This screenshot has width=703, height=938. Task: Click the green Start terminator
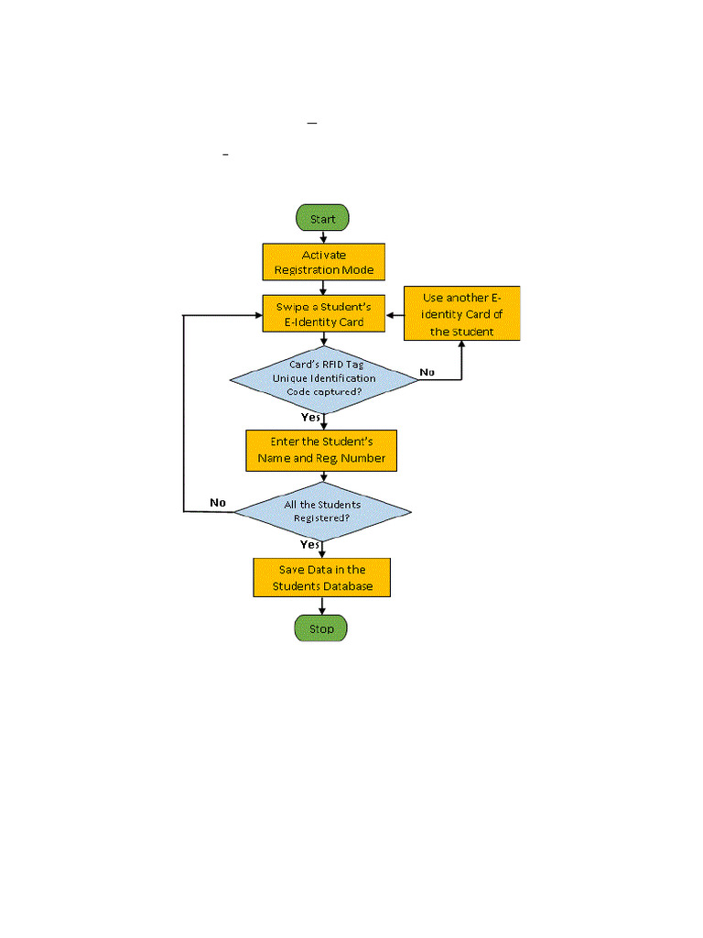point(321,218)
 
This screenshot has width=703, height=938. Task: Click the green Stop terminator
point(321,628)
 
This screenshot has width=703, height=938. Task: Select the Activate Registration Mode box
point(323,262)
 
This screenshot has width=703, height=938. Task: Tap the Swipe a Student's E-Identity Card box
point(322,314)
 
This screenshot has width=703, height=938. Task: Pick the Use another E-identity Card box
point(461,314)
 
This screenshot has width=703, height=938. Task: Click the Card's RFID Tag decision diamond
point(322,377)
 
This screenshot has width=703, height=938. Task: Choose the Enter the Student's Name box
point(321,451)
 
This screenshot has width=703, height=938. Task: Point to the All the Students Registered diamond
point(321,511)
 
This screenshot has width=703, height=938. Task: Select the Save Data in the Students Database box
point(321,577)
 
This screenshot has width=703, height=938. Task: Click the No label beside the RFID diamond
point(427,371)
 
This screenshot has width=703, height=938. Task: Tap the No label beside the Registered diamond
point(218,502)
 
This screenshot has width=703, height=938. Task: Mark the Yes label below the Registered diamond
point(310,544)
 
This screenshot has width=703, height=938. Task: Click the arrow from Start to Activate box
point(322,236)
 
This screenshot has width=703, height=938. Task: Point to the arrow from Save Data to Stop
point(322,605)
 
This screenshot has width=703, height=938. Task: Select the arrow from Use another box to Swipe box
point(395,315)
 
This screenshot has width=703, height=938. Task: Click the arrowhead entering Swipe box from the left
point(257,315)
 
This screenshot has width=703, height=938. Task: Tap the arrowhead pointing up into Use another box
point(461,346)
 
